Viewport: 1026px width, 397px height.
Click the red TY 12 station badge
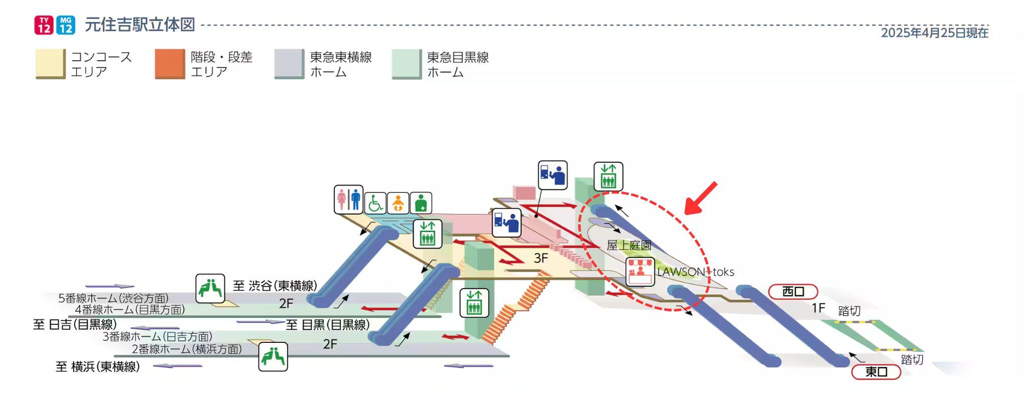coord(44,25)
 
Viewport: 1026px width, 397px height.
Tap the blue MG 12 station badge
coord(66,25)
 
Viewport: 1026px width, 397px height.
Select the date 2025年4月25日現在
coord(934,33)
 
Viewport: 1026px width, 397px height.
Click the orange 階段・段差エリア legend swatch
coord(170,64)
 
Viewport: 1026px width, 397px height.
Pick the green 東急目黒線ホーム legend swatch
coord(406,64)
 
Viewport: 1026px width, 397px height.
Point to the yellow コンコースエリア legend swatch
coord(50,64)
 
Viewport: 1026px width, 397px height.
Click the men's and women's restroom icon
coord(349,200)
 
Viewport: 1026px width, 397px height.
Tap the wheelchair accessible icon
coord(375,204)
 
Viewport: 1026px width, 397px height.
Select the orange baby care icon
coord(398,204)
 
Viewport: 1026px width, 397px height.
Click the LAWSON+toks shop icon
coord(640,272)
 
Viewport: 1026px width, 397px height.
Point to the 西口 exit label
coord(793,292)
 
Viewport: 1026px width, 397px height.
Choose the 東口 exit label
coord(876,372)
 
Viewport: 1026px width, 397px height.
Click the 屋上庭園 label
coord(629,246)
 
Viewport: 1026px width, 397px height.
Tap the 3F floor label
coord(541,258)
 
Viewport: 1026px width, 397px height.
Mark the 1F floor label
coord(818,308)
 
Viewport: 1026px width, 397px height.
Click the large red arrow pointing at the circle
coord(701,198)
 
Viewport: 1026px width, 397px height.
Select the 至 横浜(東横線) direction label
coord(98,367)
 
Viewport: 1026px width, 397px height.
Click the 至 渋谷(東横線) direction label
coord(275,286)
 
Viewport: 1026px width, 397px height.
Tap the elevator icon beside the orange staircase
coord(474,303)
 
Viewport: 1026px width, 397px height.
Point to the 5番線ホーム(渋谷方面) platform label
coord(113,298)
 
